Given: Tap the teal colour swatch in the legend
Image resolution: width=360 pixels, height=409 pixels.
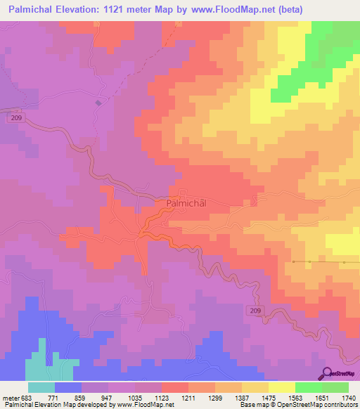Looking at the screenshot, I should pyautogui.click(x=41, y=387).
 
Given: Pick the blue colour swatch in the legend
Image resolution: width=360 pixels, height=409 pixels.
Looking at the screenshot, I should pyautogui.click(x=68, y=387).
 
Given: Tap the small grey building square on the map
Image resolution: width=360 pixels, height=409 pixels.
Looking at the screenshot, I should pyautogui.click(x=98, y=103).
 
